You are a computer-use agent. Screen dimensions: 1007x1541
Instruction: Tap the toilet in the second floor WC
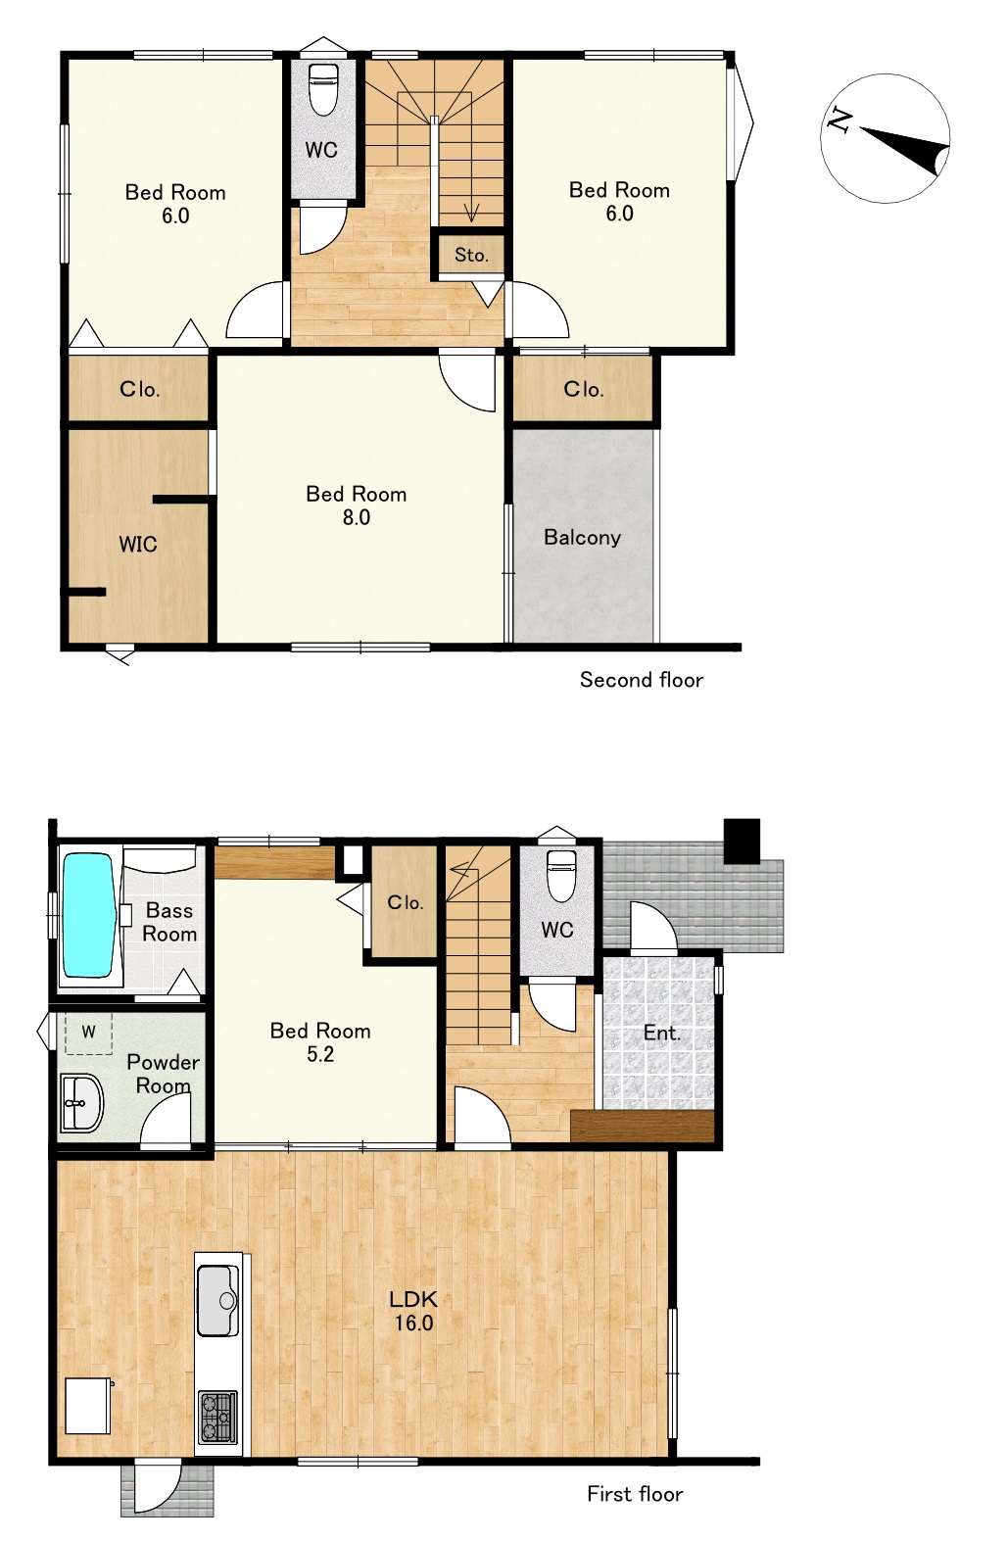pos(322,89)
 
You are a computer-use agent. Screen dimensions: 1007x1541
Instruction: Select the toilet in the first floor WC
pos(560,875)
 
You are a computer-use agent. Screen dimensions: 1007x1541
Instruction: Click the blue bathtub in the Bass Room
pos(88,915)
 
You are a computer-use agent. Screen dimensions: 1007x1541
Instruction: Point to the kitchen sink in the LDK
pos(218,1300)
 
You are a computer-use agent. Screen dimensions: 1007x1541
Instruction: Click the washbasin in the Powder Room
pos(81,1103)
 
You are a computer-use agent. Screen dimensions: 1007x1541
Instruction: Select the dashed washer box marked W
pos(89,1033)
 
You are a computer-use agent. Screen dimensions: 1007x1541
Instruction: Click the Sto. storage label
pos(471,256)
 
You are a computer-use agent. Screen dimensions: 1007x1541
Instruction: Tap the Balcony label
pos(582,537)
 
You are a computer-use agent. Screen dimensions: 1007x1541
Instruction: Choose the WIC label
pos(137,545)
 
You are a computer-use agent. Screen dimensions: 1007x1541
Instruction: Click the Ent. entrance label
pos(662,1033)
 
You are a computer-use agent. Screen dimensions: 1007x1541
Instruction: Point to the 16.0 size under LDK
pos(414,1323)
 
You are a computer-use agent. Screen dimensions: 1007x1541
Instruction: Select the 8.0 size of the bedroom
pos(357,516)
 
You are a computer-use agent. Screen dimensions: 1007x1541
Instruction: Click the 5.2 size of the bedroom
pos(320,1053)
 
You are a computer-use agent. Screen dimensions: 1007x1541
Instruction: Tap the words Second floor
pos(641,680)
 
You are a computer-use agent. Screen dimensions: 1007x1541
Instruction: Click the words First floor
pos(635,1494)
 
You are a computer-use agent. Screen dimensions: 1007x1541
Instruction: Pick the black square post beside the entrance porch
pos(742,841)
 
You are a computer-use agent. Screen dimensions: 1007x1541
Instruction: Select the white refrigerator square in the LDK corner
pos(88,1405)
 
